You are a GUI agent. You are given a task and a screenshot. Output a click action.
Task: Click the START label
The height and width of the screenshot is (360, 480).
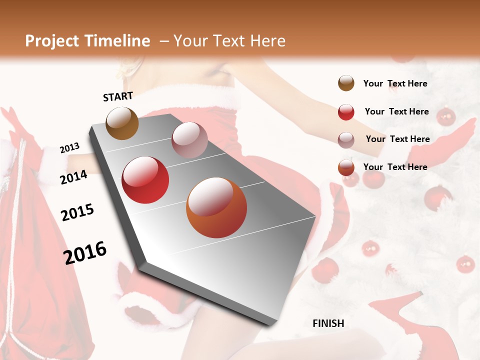tap(118, 96)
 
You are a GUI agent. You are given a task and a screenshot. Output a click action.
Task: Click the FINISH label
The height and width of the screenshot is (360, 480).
tap(328, 323)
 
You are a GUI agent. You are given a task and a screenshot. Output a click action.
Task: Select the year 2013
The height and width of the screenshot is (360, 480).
tap(69, 148)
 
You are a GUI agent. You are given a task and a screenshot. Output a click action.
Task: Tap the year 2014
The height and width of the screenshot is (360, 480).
tap(73, 177)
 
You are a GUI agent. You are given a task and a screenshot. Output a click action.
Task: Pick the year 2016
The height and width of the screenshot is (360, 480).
tap(85, 253)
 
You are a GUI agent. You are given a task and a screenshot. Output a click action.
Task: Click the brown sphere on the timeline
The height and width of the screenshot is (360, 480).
tap(122, 123)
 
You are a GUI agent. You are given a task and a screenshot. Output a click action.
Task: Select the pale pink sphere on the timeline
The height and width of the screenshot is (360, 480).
tap(189, 140)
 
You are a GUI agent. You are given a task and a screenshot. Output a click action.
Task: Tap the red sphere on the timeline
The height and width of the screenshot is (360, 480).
tap(145, 180)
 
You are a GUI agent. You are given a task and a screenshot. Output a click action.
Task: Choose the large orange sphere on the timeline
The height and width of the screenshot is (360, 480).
tap(216, 208)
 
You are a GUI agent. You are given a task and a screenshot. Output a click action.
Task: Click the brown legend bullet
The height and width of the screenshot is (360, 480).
tap(346, 83)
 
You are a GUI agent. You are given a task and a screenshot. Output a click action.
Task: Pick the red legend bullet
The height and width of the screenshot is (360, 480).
tap(346, 112)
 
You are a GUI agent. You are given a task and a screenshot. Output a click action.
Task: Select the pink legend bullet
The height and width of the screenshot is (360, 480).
tap(346, 140)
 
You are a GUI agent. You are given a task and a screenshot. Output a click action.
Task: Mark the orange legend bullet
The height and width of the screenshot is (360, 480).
tap(346, 167)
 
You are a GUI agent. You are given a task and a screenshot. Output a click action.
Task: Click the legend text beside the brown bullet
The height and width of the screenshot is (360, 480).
tap(395, 83)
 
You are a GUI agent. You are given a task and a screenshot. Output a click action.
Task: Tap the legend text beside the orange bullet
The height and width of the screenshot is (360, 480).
tap(395, 167)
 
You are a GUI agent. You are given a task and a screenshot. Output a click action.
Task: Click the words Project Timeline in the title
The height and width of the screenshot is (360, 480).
tap(87, 41)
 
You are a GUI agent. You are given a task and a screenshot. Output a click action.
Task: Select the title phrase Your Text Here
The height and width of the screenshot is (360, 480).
tap(229, 41)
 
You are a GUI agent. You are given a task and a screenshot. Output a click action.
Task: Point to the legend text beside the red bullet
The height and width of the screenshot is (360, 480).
tap(396, 111)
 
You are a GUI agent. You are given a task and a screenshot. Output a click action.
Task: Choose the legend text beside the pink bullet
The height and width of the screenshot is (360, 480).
tap(397, 139)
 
